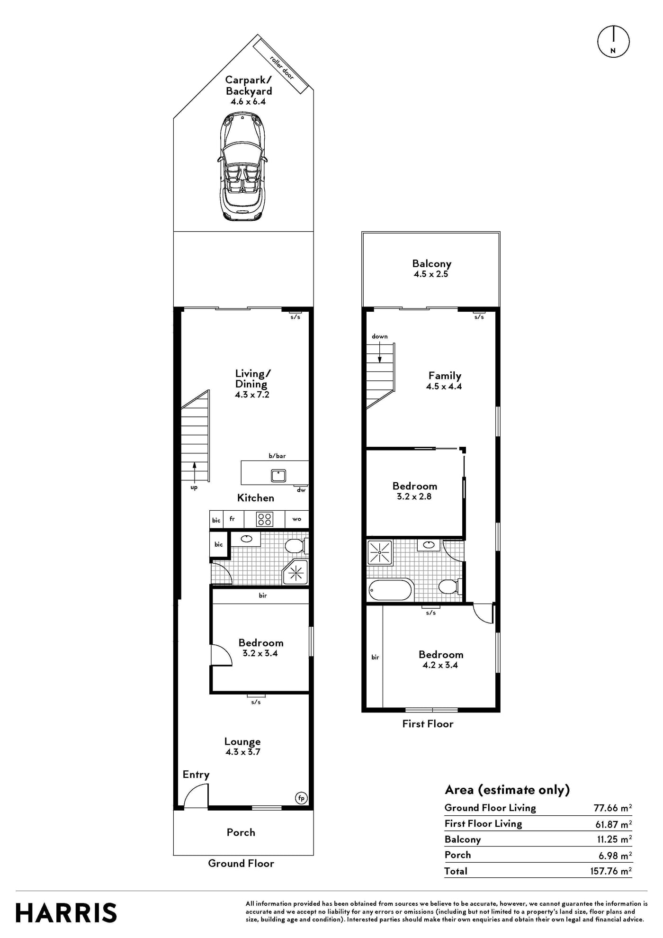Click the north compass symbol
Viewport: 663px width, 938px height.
(x=613, y=42)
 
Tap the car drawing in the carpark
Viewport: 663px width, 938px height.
(x=242, y=166)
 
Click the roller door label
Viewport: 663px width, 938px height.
(x=282, y=68)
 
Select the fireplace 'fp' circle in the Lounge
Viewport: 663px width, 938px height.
(x=301, y=798)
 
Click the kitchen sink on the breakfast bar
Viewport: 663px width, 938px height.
(x=278, y=475)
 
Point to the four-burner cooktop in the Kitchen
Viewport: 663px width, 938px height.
(x=264, y=519)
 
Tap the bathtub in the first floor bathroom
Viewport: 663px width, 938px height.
(x=390, y=590)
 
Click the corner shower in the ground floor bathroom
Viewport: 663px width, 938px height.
(x=296, y=573)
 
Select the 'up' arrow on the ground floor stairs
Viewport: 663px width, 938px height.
(x=194, y=471)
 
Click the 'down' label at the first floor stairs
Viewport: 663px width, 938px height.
(x=380, y=336)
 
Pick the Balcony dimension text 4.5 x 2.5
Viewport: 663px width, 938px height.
(x=431, y=274)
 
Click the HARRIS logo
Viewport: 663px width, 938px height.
(x=66, y=913)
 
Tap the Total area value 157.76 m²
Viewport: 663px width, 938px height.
(x=611, y=871)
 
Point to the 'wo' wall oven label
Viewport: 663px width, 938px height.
(x=297, y=519)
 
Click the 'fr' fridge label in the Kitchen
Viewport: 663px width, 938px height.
(x=233, y=519)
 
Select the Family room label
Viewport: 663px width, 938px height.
(x=445, y=376)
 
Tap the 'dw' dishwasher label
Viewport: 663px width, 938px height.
(x=301, y=490)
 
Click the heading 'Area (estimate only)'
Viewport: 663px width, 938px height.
(x=507, y=790)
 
